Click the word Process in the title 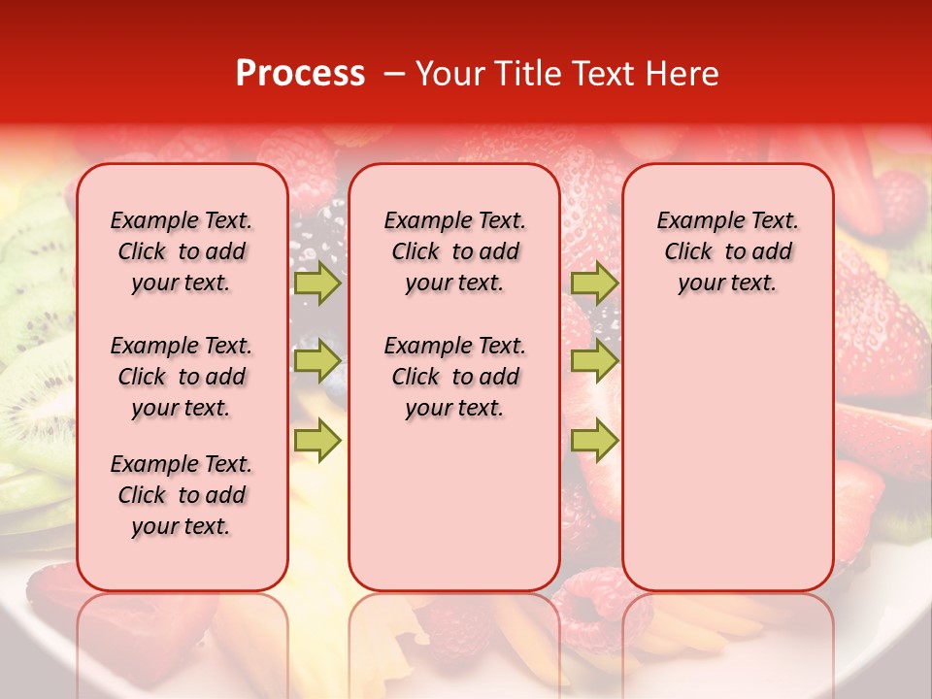tap(300, 74)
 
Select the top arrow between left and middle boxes tap(317, 283)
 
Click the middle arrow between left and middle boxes tap(317, 361)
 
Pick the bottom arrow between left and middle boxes tap(317, 440)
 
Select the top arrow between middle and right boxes tap(594, 283)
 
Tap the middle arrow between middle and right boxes tap(594, 361)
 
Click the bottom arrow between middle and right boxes tap(594, 440)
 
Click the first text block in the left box tap(182, 251)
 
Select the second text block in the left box tap(182, 377)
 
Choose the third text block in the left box tap(182, 495)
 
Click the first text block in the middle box tap(455, 251)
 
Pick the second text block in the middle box tap(455, 377)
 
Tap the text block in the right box tap(728, 251)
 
